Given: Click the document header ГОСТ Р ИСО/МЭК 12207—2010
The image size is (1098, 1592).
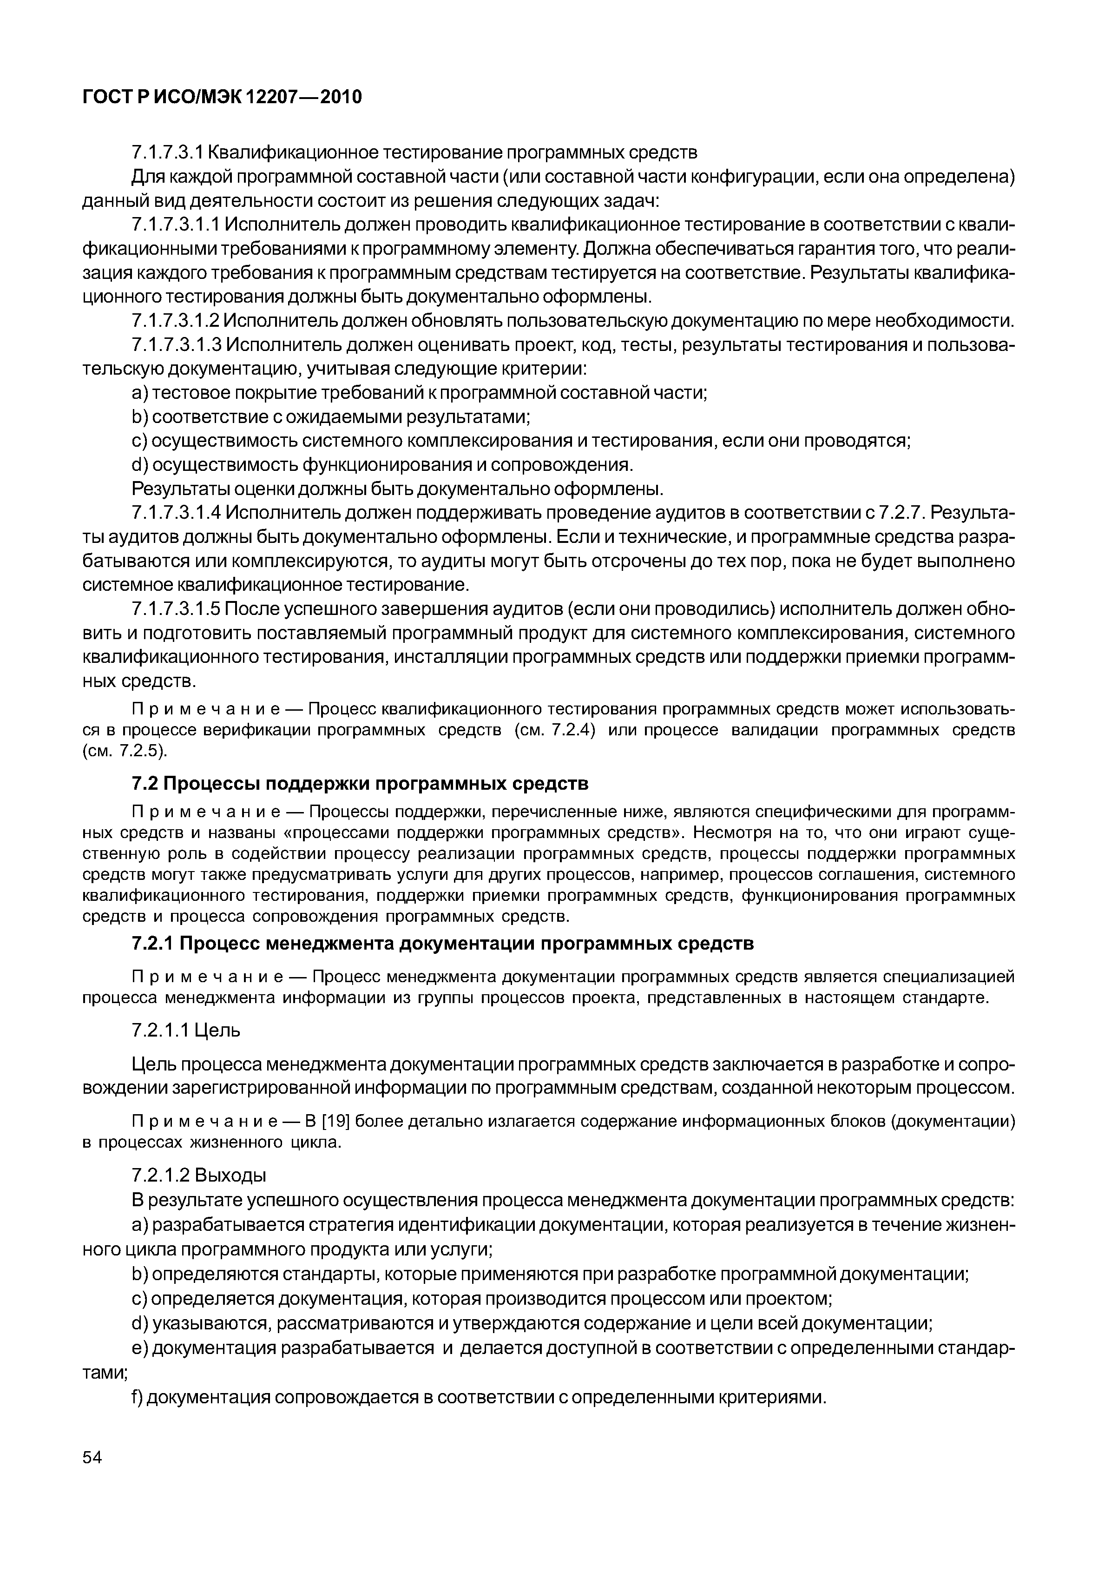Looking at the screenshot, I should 222,97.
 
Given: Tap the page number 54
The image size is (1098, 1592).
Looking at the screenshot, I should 92,1457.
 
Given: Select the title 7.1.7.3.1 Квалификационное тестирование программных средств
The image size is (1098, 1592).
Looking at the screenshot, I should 414,152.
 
